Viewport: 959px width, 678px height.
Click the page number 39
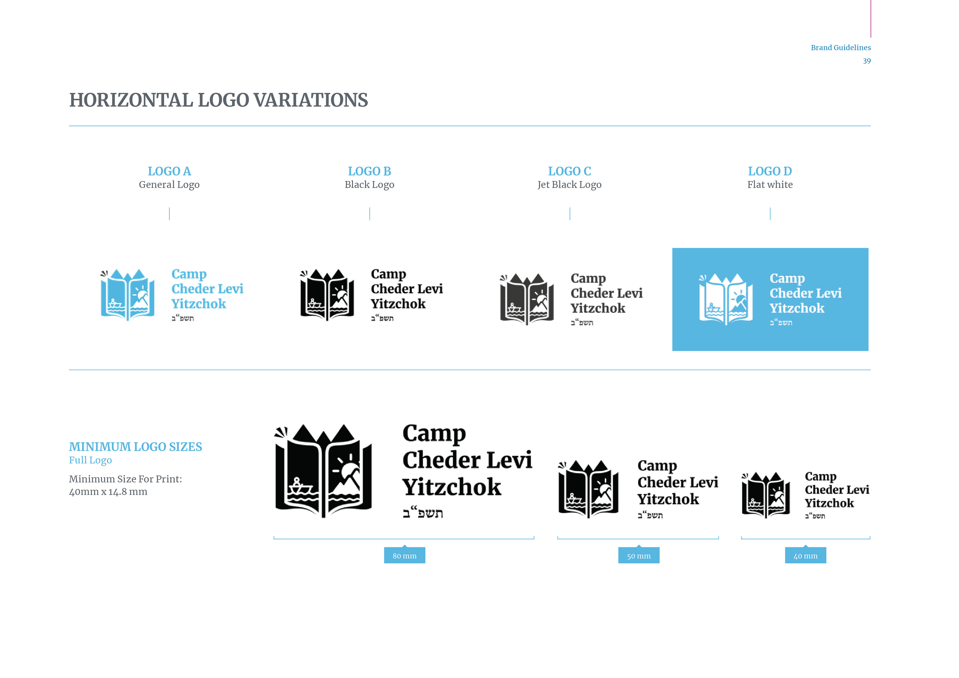pyautogui.click(x=867, y=61)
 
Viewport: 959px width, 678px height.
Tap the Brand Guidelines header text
pyautogui.click(x=840, y=48)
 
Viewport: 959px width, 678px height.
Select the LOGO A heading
pyautogui.click(x=169, y=171)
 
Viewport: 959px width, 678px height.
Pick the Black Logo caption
pyautogui.click(x=369, y=185)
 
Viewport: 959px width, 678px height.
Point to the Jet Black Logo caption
pyautogui.click(x=569, y=185)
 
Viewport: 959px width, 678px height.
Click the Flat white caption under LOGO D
pyautogui.click(x=770, y=185)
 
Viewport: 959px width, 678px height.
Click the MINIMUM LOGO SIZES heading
pyautogui.click(x=135, y=447)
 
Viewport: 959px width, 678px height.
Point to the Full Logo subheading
pyautogui.click(x=90, y=460)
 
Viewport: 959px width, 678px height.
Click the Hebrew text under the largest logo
pyautogui.click(x=423, y=513)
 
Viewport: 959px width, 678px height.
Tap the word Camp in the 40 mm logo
pyautogui.click(x=820, y=477)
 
